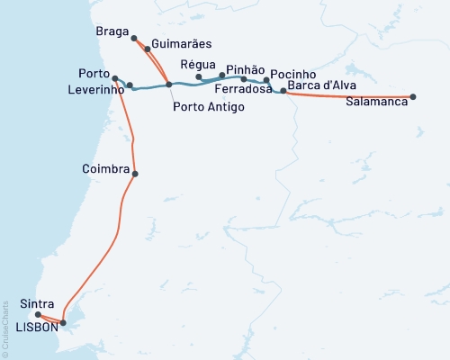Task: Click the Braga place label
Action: pos(113,31)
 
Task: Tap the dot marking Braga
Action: pos(134,39)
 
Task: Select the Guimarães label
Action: pos(180,43)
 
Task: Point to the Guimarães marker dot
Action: pos(148,49)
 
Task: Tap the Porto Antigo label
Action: pos(198,107)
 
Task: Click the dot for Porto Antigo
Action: pos(169,85)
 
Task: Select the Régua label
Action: pos(197,64)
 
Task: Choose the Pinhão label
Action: pos(245,68)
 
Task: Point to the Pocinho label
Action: pos(293,72)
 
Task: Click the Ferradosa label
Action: pos(243,90)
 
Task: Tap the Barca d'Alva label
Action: pos(322,85)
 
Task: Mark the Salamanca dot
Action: pos(413,96)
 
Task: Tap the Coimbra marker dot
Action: pos(135,174)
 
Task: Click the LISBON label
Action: pos(37,327)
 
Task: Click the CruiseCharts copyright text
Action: pos(5,328)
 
